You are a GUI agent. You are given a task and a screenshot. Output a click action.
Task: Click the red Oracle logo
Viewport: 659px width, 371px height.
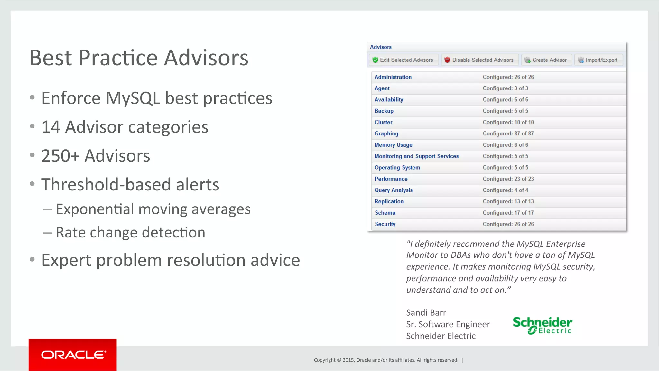click(73, 355)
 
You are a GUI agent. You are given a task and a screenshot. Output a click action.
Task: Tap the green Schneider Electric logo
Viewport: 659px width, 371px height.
click(543, 325)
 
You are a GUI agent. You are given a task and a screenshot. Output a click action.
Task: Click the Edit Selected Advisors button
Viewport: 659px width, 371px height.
click(403, 60)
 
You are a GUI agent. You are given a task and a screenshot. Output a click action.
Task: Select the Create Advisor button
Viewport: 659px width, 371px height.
click(546, 60)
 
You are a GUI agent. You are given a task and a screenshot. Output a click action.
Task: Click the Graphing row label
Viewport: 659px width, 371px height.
click(386, 134)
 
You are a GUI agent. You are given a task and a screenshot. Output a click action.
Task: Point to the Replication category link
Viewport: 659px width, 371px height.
click(389, 201)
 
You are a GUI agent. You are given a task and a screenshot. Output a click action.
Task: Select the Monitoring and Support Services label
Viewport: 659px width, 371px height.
click(416, 156)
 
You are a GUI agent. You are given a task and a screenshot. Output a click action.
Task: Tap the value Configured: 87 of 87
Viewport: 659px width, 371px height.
click(508, 134)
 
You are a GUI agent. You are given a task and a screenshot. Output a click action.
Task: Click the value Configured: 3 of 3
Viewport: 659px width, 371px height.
click(505, 88)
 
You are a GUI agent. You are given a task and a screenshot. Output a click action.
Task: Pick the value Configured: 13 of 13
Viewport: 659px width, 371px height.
click(508, 201)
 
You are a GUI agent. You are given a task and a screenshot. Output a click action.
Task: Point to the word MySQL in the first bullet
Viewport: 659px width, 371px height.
click(133, 98)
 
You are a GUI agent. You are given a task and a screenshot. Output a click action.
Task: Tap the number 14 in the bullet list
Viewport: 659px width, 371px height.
click(51, 127)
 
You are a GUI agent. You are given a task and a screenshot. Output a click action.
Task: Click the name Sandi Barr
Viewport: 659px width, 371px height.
click(426, 312)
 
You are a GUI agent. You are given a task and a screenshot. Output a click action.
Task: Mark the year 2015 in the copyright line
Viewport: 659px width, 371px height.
click(348, 360)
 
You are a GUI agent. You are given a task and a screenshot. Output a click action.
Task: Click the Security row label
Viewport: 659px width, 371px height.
click(385, 224)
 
